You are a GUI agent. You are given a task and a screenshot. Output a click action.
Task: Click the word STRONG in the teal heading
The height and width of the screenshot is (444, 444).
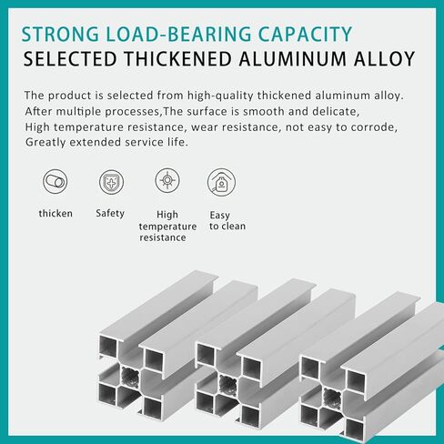pos(60,34)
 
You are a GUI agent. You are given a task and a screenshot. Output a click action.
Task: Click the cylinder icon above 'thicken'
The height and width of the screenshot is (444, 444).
pos(55,182)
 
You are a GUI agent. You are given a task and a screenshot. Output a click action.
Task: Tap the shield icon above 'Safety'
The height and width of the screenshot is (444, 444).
pos(111,182)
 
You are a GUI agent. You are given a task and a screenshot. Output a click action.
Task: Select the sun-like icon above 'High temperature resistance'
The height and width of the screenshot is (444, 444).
pos(167,180)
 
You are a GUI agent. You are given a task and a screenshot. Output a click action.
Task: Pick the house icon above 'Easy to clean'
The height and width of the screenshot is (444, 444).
pos(221,182)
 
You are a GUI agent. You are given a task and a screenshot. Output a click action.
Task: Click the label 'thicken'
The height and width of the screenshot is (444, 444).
pos(55,214)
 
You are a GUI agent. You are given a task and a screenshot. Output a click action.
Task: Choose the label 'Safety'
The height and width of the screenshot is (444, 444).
pos(110,214)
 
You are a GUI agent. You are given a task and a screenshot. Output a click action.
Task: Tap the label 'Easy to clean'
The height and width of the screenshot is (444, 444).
pos(227,220)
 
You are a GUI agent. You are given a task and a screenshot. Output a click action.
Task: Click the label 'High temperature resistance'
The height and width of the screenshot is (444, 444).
pos(167,227)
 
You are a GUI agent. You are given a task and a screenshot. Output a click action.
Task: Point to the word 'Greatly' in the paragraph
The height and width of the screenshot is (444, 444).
pos(45,142)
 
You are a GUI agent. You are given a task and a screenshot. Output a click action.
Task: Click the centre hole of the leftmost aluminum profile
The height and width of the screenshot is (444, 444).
pos(131,377)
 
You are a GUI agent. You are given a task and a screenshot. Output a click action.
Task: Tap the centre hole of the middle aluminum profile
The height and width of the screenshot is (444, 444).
pos(228,385)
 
